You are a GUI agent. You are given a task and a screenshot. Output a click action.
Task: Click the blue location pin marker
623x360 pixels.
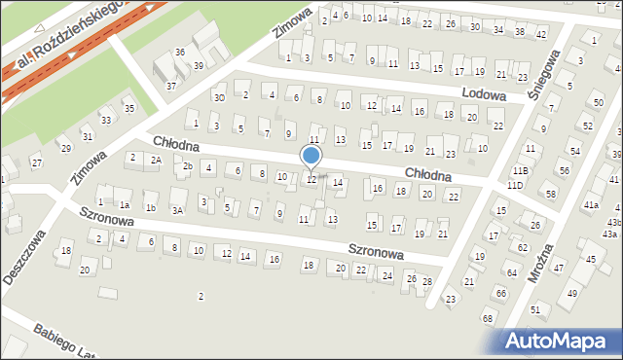pos(311,157)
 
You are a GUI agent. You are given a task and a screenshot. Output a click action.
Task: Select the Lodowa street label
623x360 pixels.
pos(485,95)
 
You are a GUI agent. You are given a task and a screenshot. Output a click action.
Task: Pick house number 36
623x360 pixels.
pos(179,52)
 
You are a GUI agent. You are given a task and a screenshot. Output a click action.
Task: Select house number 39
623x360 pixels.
pos(198,65)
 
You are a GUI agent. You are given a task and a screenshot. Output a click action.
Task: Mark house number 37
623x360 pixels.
pos(171,86)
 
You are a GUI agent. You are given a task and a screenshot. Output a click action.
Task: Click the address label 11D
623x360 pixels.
pos(515,185)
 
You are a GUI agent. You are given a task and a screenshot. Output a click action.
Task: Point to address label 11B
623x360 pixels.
pos(521,170)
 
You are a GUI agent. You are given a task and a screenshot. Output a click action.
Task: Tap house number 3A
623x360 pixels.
pos(177,209)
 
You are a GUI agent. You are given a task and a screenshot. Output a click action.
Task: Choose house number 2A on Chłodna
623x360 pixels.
pos(156,160)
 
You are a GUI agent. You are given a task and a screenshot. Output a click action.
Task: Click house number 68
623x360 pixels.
pos(487,319)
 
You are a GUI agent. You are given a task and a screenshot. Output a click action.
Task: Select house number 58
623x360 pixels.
pos(551,195)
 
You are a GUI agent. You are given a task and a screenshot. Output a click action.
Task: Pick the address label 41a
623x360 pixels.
pos(591,205)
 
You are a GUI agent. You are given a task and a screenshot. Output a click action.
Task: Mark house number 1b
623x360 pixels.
pos(150,207)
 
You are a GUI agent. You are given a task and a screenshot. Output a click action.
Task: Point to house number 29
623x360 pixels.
pos(66,148)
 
